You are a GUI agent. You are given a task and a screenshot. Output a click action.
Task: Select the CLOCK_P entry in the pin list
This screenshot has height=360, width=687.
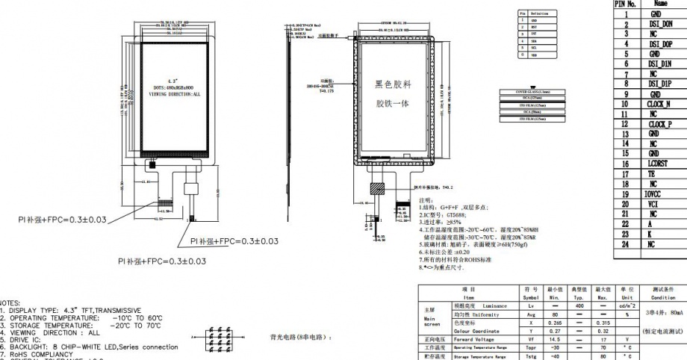point(660,124)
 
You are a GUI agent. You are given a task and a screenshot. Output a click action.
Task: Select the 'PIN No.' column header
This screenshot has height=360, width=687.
point(625,4)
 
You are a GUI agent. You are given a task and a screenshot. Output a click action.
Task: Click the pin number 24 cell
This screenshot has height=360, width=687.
point(625,243)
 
